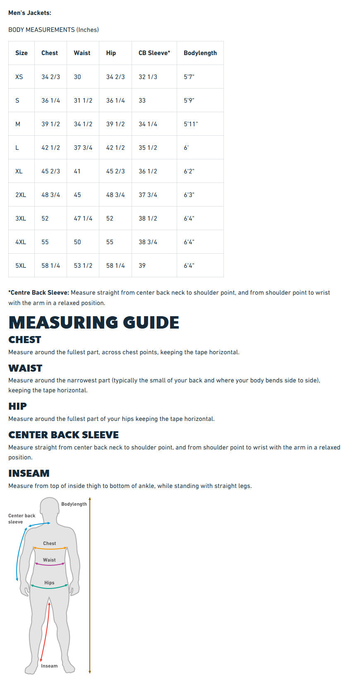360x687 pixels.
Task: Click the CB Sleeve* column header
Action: tap(154, 53)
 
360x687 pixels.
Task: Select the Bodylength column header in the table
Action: tap(200, 53)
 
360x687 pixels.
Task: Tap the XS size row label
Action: tap(19, 77)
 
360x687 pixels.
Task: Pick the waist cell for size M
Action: tap(83, 124)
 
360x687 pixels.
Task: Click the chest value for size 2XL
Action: tap(50, 195)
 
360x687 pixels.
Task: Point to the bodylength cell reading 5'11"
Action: tap(191, 124)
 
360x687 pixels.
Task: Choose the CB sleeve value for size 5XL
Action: tap(142, 266)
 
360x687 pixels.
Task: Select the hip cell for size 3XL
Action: tap(110, 219)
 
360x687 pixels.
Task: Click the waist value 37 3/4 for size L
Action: tap(83, 148)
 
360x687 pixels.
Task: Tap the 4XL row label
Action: tap(21, 242)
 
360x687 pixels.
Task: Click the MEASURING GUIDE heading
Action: tap(94, 322)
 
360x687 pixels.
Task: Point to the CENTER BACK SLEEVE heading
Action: tap(63, 435)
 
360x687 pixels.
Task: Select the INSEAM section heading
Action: tap(29, 473)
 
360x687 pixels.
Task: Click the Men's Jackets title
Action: tap(30, 13)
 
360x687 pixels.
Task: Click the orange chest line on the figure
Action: tap(50, 549)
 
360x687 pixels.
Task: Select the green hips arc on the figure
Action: tap(49, 587)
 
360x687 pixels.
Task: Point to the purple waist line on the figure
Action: tap(50, 564)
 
